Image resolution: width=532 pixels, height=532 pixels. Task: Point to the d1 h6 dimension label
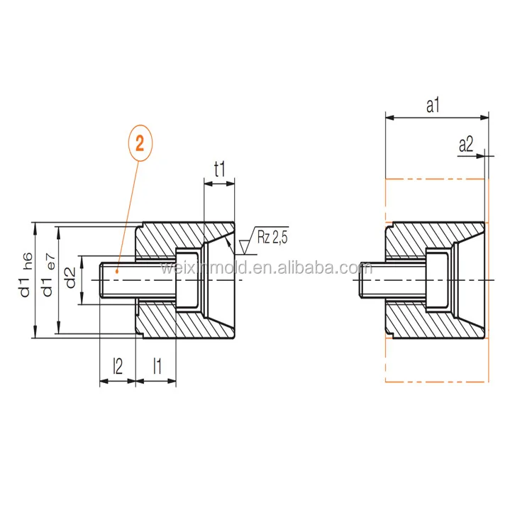coord(26,273)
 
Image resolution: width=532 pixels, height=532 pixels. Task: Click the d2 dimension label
coord(70,278)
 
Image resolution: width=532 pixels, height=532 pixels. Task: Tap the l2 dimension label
coord(118,366)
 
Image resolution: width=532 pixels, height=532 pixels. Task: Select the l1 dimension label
coord(157,366)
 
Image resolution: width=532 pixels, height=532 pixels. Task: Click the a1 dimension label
coord(434,105)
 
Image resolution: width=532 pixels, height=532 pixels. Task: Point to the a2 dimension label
coord(466,145)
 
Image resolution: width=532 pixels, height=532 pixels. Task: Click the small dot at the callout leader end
coord(118,270)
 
